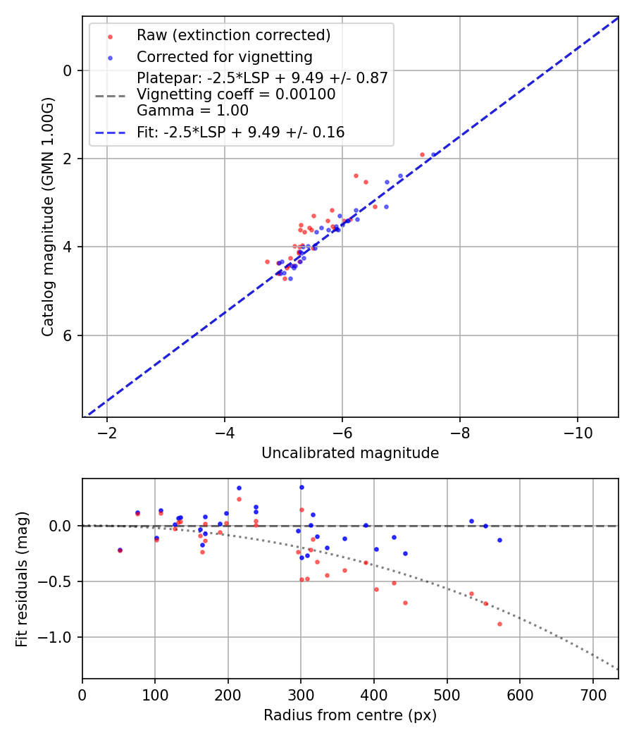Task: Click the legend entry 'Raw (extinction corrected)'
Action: pyautogui.click(x=233, y=35)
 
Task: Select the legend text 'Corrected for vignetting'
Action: pyautogui.click(x=224, y=56)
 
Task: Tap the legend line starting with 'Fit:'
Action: pyautogui.click(x=240, y=132)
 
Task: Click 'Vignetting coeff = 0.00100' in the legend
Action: pyautogui.click(x=236, y=94)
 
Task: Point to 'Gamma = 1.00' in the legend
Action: pyautogui.click(x=192, y=111)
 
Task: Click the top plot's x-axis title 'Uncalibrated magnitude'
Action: pyautogui.click(x=350, y=453)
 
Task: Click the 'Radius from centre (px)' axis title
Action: pyautogui.click(x=350, y=715)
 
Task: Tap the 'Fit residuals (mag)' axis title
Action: pyautogui.click(x=22, y=579)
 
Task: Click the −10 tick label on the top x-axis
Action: pyautogui.click(x=577, y=432)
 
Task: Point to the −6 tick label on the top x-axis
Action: pyautogui.click(x=342, y=432)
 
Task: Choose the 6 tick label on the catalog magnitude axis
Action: pyautogui.click(x=68, y=335)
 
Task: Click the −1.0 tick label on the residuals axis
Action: pyautogui.click(x=59, y=638)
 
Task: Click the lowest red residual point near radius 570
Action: pyautogui.click(x=499, y=624)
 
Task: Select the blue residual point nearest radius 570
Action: pyautogui.click(x=499, y=541)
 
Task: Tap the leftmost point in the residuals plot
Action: pyautogui.click(x=120, y=550)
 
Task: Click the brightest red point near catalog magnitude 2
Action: pyautogui.click(x=422, y=154)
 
